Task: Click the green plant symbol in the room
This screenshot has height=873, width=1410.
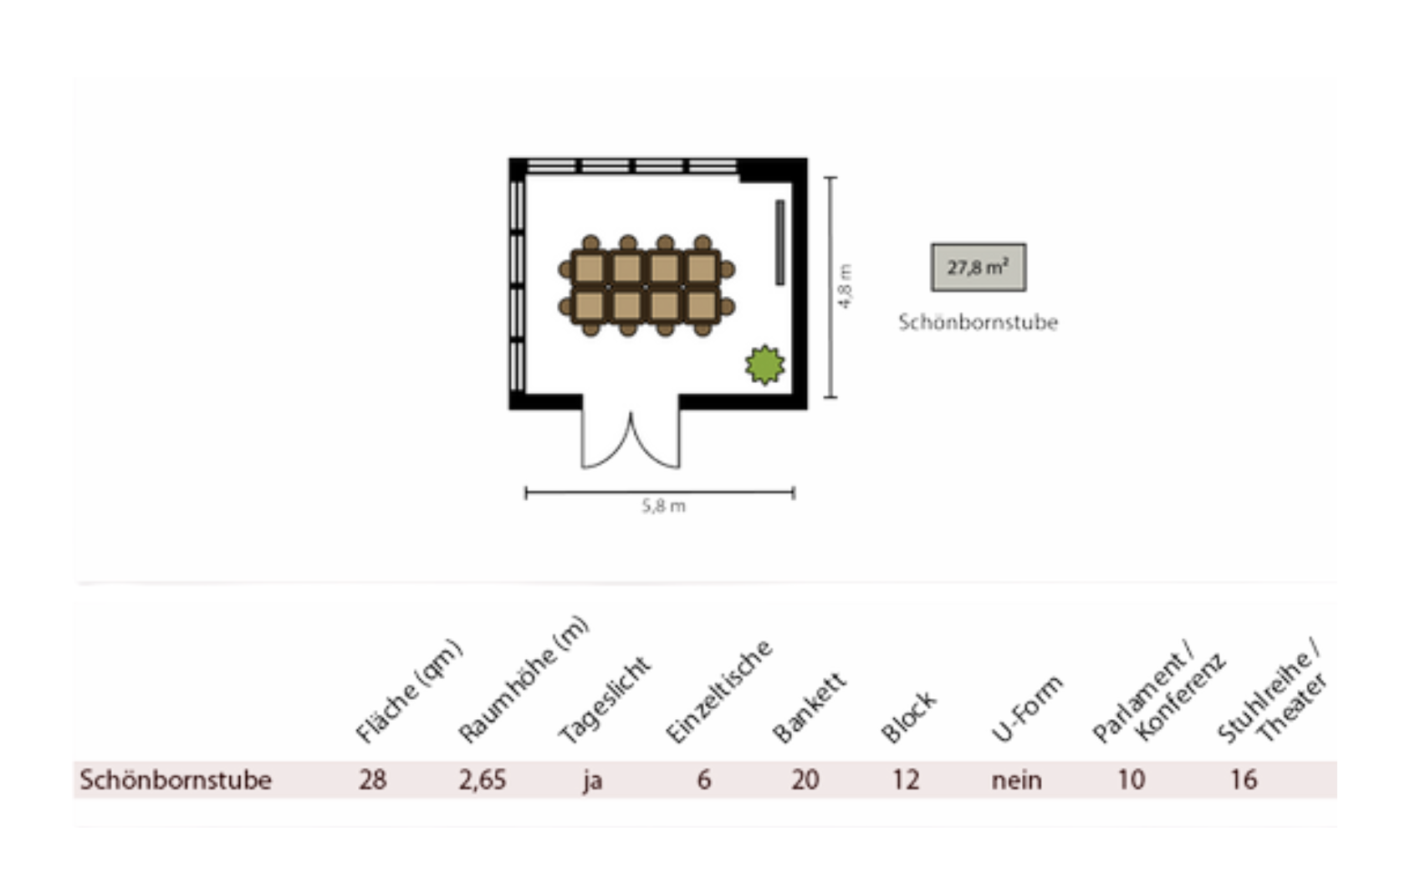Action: (765, 365)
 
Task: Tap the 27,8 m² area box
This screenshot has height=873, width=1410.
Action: (978, 268)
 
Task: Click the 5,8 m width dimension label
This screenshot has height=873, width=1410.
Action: (663, 506)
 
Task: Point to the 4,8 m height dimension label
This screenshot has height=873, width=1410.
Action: (845, 286)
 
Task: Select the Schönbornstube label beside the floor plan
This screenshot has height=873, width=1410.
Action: (978, 322)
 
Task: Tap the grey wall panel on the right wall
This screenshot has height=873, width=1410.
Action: (780, 242)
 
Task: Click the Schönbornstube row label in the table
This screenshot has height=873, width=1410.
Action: (176, 780)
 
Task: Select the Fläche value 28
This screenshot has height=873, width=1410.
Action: (373, 780)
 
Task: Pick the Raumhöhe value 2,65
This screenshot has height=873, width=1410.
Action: (483, 780)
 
